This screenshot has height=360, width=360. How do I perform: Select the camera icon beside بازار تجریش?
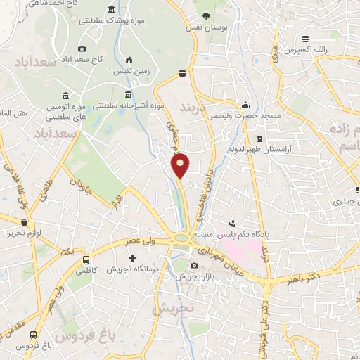(194, 265)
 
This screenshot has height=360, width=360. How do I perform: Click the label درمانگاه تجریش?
(131, 269)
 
